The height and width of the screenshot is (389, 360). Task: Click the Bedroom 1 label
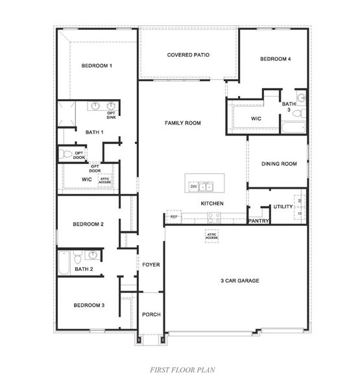click(97, 65)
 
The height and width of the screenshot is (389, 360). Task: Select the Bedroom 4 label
click(275, 59)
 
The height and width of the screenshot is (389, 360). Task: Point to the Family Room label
click(183, 123)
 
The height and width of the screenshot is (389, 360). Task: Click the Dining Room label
click(279, 164)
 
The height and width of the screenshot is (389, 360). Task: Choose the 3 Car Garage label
click(239, 281)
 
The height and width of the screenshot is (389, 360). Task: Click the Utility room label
click(283, 206)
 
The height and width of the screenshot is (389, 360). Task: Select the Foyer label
click(151, 265)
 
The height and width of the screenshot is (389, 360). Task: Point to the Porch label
click(151, 314)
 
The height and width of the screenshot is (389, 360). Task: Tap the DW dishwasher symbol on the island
click(193, 187)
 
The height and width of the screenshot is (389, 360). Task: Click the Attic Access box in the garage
click(211, 237)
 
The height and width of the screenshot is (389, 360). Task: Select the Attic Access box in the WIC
click(105, 180)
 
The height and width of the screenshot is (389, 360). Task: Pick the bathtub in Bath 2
click(63, 263)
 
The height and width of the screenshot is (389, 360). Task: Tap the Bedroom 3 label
click(88, 305)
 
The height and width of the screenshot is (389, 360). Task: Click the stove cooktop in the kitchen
click(215, 218)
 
